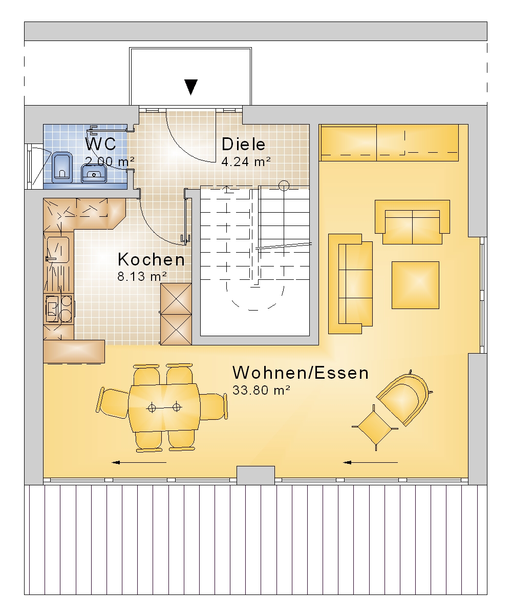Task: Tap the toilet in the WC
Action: pos(62,167)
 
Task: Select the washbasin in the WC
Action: pos(93,173)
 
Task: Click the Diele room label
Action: pos(243,145)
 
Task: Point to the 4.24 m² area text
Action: pos(246,162)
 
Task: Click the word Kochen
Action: pos(151,259)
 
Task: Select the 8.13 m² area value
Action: pos(142,276)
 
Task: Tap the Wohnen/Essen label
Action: pos(301,373)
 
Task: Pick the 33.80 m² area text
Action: pos(261,390)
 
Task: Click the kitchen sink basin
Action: pos(58,249)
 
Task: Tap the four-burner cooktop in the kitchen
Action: pos(59,309)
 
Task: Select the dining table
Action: pos(164,407)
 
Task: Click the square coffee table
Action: pos(415,285)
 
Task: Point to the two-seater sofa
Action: pos(412,222)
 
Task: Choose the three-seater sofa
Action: pos(350,284)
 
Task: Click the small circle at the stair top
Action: pos(284,186)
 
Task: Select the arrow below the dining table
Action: pos(139,462)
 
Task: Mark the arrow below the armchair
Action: pos(370,462)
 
